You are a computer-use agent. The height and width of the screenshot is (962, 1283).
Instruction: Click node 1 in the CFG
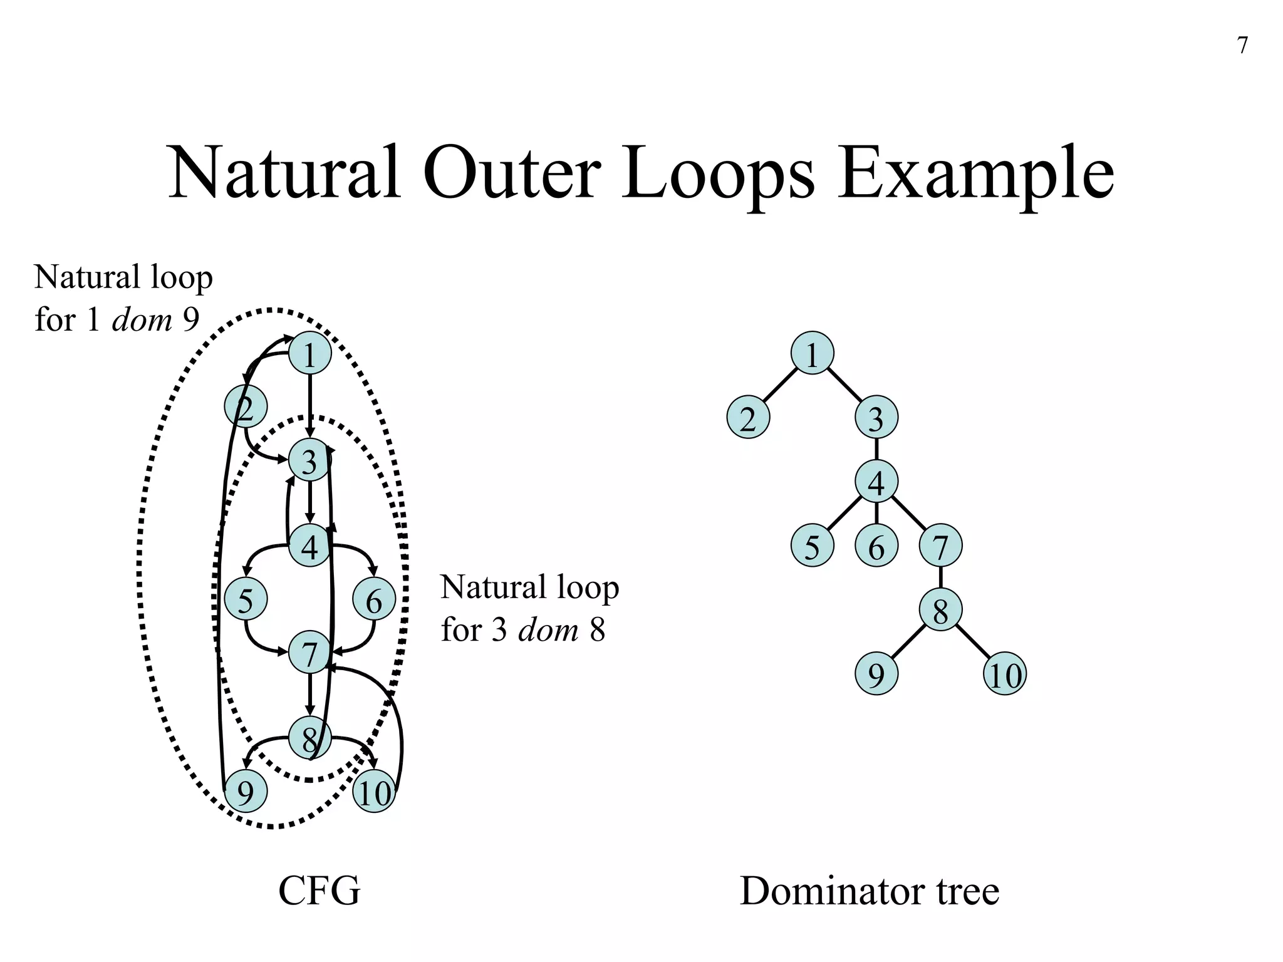pyautogui.click(x=309, y=354)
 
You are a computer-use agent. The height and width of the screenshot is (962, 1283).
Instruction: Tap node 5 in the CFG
pyautogui.click(x=246, y=599)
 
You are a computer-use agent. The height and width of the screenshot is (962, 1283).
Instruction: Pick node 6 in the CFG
pyautogui.click(x=374, y=599)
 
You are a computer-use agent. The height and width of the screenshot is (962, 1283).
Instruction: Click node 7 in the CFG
pyautogui.click(x=309, y=653)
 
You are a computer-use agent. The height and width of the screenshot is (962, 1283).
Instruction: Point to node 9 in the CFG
pyautogui.click(x=246, y=792)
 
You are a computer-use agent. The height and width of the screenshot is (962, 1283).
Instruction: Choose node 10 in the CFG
pyautogui.click(x=374, y=792)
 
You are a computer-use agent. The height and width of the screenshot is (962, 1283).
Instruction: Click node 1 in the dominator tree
pyautogui.click(x=813, y=354)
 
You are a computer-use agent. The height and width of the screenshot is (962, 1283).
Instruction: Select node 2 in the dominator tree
pyautogui.click(x=748, y=418)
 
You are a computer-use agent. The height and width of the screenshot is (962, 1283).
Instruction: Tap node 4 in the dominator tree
pyautogui.click(x=876, y=482)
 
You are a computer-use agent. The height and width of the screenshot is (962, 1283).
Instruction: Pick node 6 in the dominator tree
pyautogui.click(x=876, y=546)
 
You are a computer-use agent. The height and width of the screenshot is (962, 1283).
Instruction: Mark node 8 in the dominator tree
pyautogui.click(x=940, y=609)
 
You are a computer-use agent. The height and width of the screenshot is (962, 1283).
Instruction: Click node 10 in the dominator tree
pyautogui.click(x=1005, y=674)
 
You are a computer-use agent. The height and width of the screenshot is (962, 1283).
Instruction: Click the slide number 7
pyautogui.click(x=1243, y=46)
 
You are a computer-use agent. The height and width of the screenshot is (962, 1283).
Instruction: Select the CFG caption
pyautogui.click(x=319, y=891)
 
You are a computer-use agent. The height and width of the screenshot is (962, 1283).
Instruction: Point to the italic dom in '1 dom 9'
pyautogui.click(x=142, y=319)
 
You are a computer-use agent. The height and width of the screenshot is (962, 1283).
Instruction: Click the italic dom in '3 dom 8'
pyautogui.click(x=548, y=629)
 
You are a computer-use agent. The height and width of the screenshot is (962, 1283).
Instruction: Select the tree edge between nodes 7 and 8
pyautogui.click(x=940, y=577)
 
